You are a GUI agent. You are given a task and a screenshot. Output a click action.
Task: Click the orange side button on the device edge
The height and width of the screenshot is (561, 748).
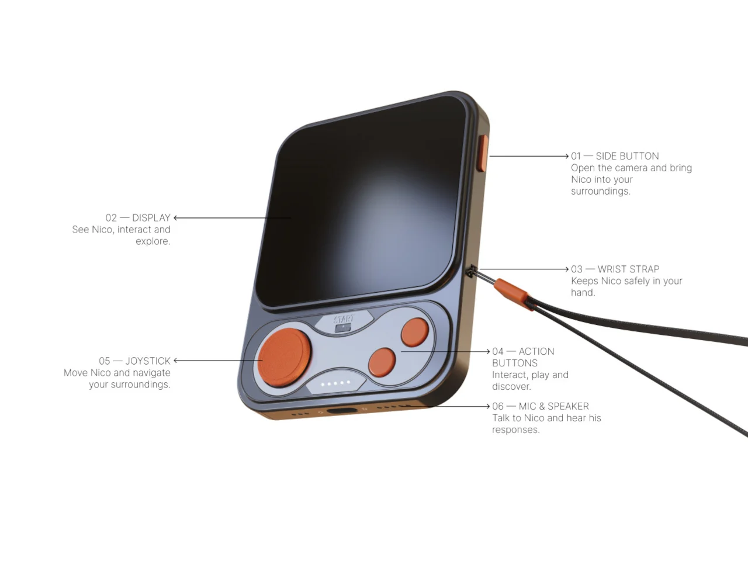click(483, 153)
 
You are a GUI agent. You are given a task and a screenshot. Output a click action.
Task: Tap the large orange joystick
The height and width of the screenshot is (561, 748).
click(285, 357)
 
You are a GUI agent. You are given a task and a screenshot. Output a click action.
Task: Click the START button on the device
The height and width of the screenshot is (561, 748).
click(343, 322)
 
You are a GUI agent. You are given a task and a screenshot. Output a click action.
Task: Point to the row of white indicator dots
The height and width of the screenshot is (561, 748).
click(335, 383)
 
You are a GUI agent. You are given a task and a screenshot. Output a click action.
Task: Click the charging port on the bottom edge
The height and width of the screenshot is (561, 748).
click(342, 410)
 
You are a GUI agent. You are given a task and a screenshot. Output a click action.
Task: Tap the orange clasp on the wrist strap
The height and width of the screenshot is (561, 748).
click(511, 293)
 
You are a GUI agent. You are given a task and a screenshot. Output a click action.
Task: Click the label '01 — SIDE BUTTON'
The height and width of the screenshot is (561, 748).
click(615, 156)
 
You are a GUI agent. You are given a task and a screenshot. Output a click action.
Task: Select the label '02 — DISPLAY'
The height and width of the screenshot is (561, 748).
click(138, 217)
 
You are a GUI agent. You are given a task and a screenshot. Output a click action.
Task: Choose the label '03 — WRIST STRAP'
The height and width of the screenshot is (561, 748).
click(615, 269)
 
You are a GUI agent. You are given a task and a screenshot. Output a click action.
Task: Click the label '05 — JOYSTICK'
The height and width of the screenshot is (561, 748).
click(134, 361)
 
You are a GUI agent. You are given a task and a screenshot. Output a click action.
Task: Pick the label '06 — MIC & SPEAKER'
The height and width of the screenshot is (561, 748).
click(541, 406)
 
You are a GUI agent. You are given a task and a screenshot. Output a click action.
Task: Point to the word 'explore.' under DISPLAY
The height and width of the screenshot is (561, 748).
click(153, 241)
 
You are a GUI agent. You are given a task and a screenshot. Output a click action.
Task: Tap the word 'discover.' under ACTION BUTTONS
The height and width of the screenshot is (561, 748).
click(511, 387)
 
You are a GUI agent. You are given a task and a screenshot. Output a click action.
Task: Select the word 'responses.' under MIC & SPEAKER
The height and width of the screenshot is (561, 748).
click(515, 430)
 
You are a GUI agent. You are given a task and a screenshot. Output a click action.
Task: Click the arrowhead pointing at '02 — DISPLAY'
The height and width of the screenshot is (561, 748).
click(176, 217)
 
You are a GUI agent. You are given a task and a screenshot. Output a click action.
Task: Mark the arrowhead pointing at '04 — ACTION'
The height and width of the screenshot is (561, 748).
click(487, 351)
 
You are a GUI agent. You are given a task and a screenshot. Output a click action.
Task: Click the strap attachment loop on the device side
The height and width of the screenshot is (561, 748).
click(471, 272)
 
